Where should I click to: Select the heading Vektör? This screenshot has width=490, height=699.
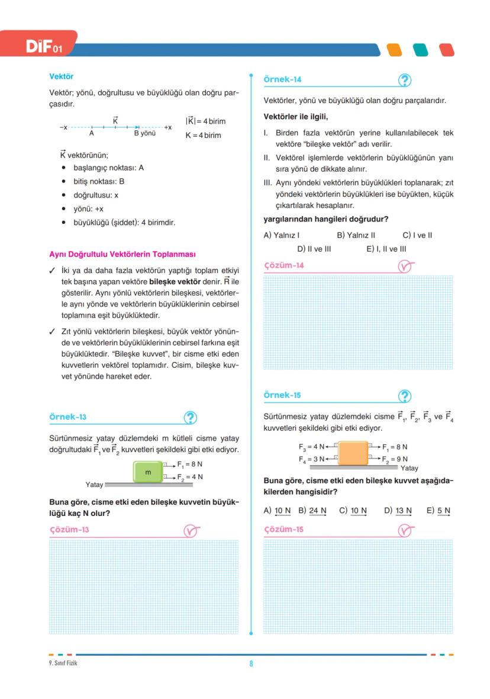click(x=61, y=76)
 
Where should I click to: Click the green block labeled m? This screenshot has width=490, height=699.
click(x=149, y=473)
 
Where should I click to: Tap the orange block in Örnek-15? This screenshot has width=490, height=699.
click(x=353, y=453)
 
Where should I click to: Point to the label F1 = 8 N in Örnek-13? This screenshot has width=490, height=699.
click(x=189, y=464)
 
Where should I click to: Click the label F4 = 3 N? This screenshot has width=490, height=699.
click(x=311, y=459)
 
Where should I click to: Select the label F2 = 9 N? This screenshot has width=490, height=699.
click(x=395, y=459)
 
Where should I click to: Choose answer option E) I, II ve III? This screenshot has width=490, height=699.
click(x=386, y=249)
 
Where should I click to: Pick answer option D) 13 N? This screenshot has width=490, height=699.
click(x=398, y=510)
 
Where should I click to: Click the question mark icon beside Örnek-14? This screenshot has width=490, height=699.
click(x=405, y=80)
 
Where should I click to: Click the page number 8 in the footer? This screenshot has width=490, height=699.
click(x=251, y=663)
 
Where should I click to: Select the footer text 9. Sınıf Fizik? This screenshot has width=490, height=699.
click(x=63, y=663)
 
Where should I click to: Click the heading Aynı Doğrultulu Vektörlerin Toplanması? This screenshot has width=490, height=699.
click(x=122, y=255)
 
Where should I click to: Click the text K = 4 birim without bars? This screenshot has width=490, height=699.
click(x=203, y=135)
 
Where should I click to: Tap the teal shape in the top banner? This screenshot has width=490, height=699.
click(x=420, y=50)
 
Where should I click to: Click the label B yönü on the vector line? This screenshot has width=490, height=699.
click(x=144, y=133)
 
